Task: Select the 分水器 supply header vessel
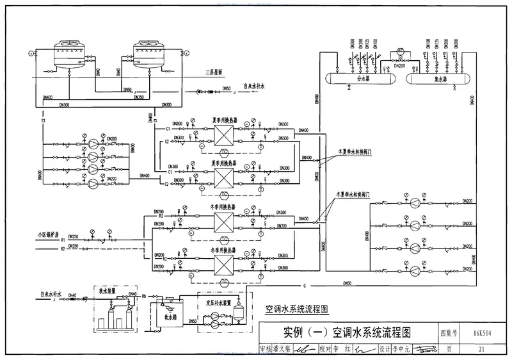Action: (359, 79)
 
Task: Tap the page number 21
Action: (481, 349)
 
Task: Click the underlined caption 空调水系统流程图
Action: (296, 309)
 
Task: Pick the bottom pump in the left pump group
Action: (93, 184)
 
